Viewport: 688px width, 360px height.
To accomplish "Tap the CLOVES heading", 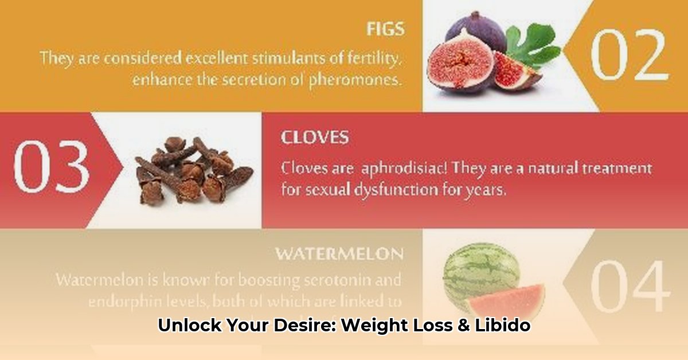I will point(315,138).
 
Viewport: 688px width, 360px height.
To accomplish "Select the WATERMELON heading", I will point(339,253).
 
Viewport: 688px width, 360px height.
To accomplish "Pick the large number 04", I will point(630,287).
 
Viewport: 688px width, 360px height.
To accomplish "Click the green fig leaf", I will point(532,46).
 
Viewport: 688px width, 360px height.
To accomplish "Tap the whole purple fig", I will point(476,32).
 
